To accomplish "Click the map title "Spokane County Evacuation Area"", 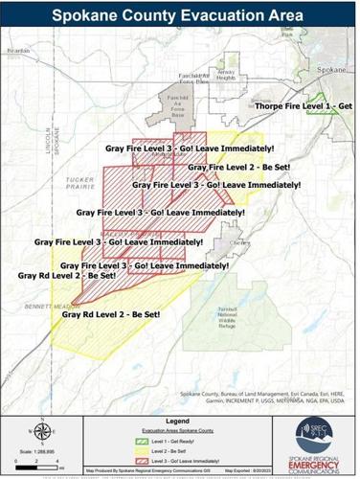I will [x=179, y=16].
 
